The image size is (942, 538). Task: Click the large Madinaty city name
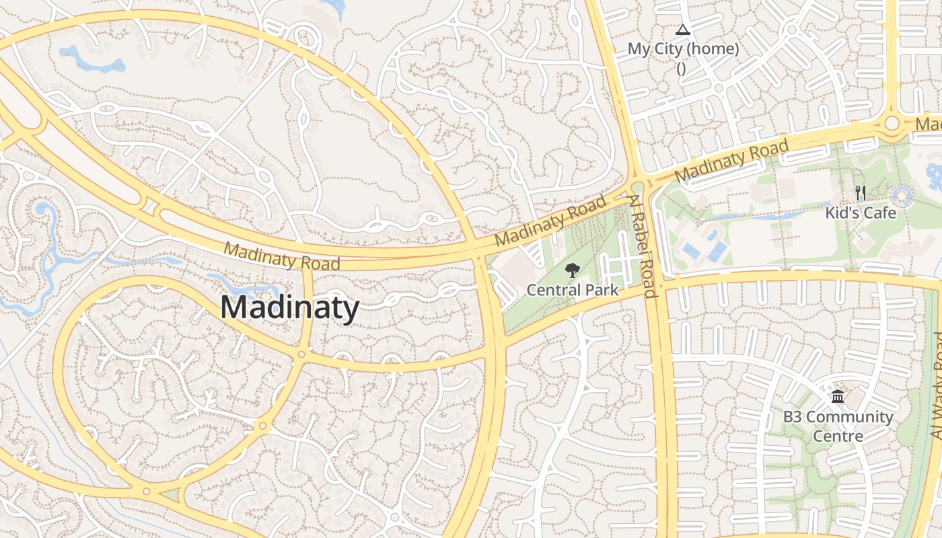click(289, 308)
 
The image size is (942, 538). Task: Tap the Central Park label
click(572, 290)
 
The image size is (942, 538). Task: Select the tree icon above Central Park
click(572, 271)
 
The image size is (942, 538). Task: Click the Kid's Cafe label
click(861, 213)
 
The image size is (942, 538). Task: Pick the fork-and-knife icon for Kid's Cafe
click(861, 194)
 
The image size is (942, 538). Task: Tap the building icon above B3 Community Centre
click(838, 397)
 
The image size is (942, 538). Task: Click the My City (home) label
click(683, 49)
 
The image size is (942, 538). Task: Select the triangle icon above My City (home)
click(683, 30)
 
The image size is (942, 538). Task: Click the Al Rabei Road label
click(642, 245)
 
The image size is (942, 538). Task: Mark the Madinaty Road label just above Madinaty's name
click(281, 256)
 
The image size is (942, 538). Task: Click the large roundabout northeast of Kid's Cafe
click(893, 123)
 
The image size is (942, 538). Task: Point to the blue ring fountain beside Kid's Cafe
click(902, 196)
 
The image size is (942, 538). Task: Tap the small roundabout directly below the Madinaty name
click(301, 354)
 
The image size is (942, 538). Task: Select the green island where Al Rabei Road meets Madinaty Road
click(637, 186)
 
